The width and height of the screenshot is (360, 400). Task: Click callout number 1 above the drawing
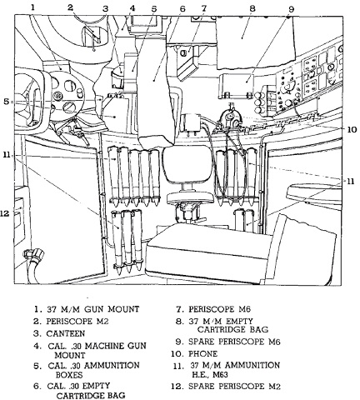tap(33, 7)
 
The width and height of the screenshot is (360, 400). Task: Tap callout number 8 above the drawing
tap(252, 8)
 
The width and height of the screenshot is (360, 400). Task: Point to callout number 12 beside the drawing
tap(7, 213)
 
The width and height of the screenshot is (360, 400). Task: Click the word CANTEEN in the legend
tap(66, 333)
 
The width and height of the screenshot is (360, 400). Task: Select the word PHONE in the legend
tap(203, 353)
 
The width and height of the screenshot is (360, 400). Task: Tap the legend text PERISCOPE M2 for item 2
tap(77, 321)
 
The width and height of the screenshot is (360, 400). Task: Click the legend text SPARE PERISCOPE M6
tap(234, 342)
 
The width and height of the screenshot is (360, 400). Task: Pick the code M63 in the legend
tap(220, 374)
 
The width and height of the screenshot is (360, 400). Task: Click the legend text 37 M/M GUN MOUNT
tap(92, 309)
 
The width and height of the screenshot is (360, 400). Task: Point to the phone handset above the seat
tap(230, 118)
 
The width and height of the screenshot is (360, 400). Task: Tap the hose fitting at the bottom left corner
tap(34, 254)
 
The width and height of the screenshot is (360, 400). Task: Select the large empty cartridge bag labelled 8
tap(255, 42)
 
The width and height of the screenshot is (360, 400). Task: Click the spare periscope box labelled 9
tap(236, 85)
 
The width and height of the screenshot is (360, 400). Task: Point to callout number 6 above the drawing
tap(182, 8)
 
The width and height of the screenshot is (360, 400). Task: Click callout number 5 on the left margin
tap(6, 102)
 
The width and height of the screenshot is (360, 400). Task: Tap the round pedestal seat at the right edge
tap(314, 192)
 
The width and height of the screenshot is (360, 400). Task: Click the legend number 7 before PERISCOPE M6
tap(179, 309)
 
